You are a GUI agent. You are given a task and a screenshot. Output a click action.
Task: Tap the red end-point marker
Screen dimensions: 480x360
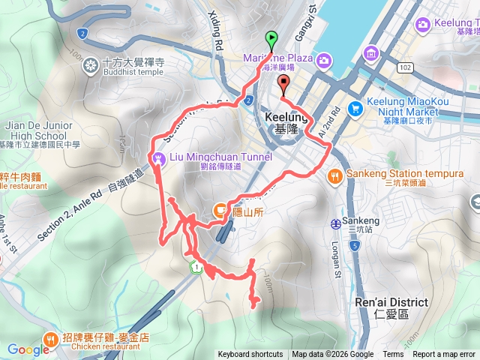click(x=283, y=83)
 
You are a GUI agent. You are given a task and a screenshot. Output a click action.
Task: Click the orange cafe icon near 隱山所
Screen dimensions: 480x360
click(x=220, y=210)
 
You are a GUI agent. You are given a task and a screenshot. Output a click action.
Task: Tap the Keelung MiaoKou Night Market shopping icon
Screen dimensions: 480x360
click(x=355, y=109)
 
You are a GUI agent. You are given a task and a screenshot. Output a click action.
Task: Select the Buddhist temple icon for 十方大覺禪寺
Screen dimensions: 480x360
click(x=91, y=64)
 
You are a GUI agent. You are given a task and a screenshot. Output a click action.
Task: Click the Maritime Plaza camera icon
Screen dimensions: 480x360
click(x=323, y=59)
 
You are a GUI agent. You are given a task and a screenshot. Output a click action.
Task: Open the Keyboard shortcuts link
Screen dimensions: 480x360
click(x=250, y=355)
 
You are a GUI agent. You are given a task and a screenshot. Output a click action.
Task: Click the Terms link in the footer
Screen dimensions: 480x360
click(x=393, y=355)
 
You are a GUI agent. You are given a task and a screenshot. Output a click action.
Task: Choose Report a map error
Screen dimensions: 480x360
click(x=444, y=355)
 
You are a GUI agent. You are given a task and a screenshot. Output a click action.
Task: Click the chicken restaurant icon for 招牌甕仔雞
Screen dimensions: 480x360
click(x=49, y=338)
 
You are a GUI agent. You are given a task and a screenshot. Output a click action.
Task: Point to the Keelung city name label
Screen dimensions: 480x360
click(x=283, y=118)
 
